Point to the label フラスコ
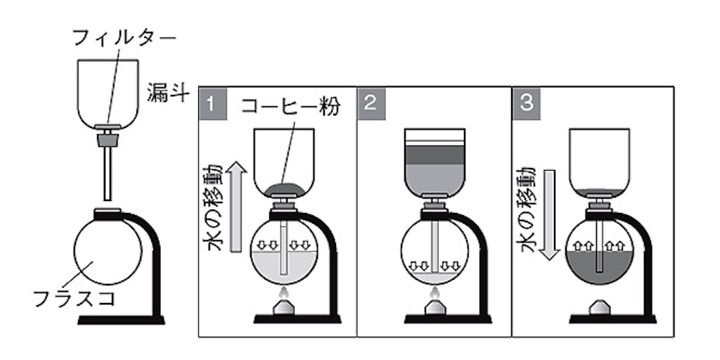coord(75,299)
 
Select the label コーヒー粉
coord(291,107)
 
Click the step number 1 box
coord(213,104)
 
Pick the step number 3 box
coord(527,104)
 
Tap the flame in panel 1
coord(284,292)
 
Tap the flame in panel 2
coord(434,292)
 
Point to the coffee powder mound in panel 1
coord(284,188)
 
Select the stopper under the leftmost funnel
coord(108,139)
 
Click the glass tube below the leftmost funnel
coord(108,173)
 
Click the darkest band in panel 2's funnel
coord(435,155)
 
